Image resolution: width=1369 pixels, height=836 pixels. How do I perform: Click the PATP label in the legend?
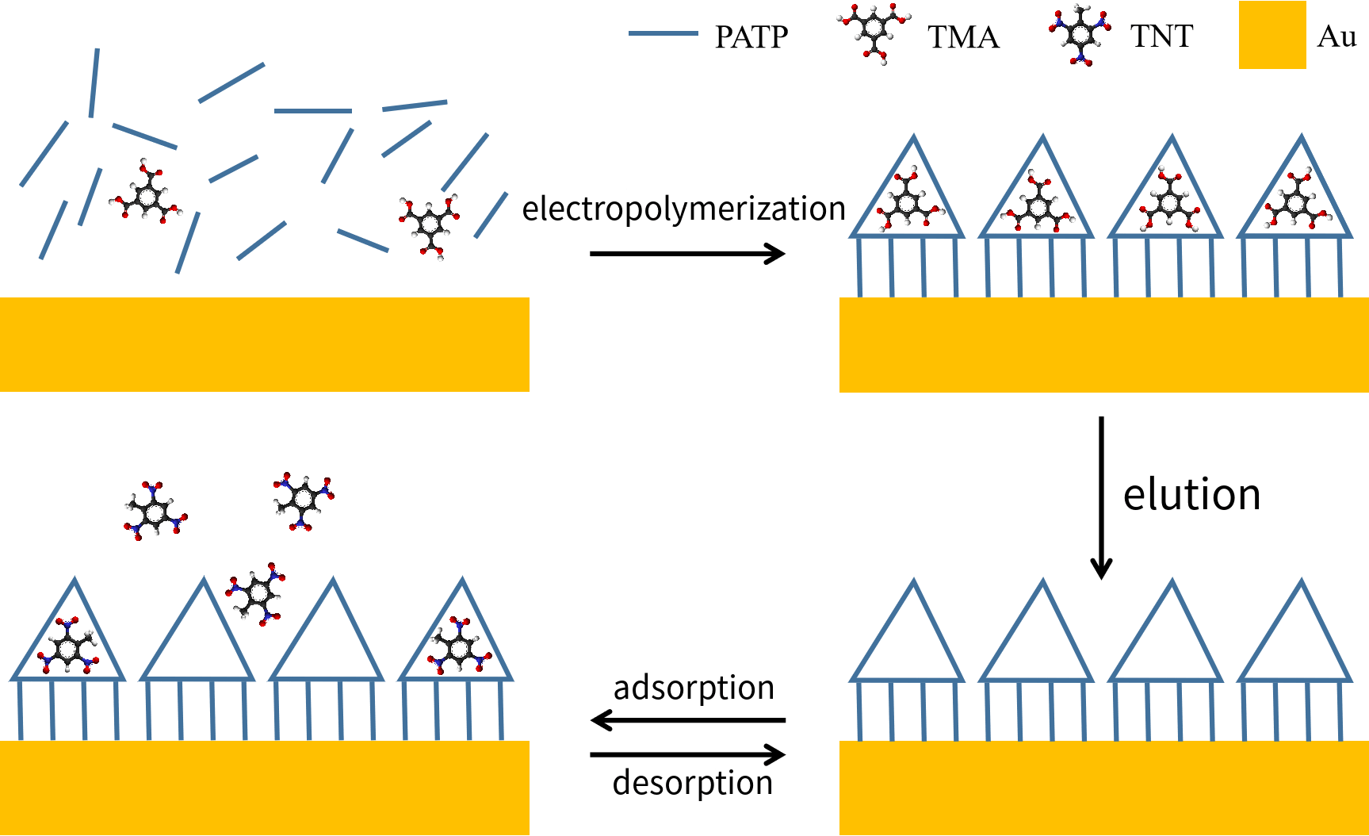click(751, 37)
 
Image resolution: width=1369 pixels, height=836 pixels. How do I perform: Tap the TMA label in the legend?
click(963, 37)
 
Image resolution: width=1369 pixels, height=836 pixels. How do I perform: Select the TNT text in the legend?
click(1161, 36)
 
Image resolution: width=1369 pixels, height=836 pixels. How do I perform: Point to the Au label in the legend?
click(1336, 36)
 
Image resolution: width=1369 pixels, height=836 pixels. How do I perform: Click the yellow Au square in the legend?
click(1272, 35)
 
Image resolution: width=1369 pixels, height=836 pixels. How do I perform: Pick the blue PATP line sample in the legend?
click(663, 34)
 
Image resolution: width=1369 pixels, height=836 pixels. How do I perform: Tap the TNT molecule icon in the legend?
click(1080, 35)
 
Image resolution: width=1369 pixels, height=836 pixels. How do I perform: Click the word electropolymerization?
click(683, 209)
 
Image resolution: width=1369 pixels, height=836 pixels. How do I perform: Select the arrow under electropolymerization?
click(687, 254)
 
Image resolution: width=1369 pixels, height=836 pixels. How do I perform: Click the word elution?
click(1191, 494)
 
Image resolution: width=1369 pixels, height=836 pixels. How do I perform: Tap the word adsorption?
click(694, 688)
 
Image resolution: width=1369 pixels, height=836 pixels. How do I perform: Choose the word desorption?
click(692, 783)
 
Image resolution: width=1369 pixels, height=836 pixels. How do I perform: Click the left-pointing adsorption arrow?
click(687, 720)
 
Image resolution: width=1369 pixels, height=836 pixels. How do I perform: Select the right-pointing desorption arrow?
click(687, 754)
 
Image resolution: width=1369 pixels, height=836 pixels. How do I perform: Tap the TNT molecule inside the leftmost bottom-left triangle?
click(68, 646)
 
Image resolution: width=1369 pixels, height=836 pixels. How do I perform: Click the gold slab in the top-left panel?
click(264, 344)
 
